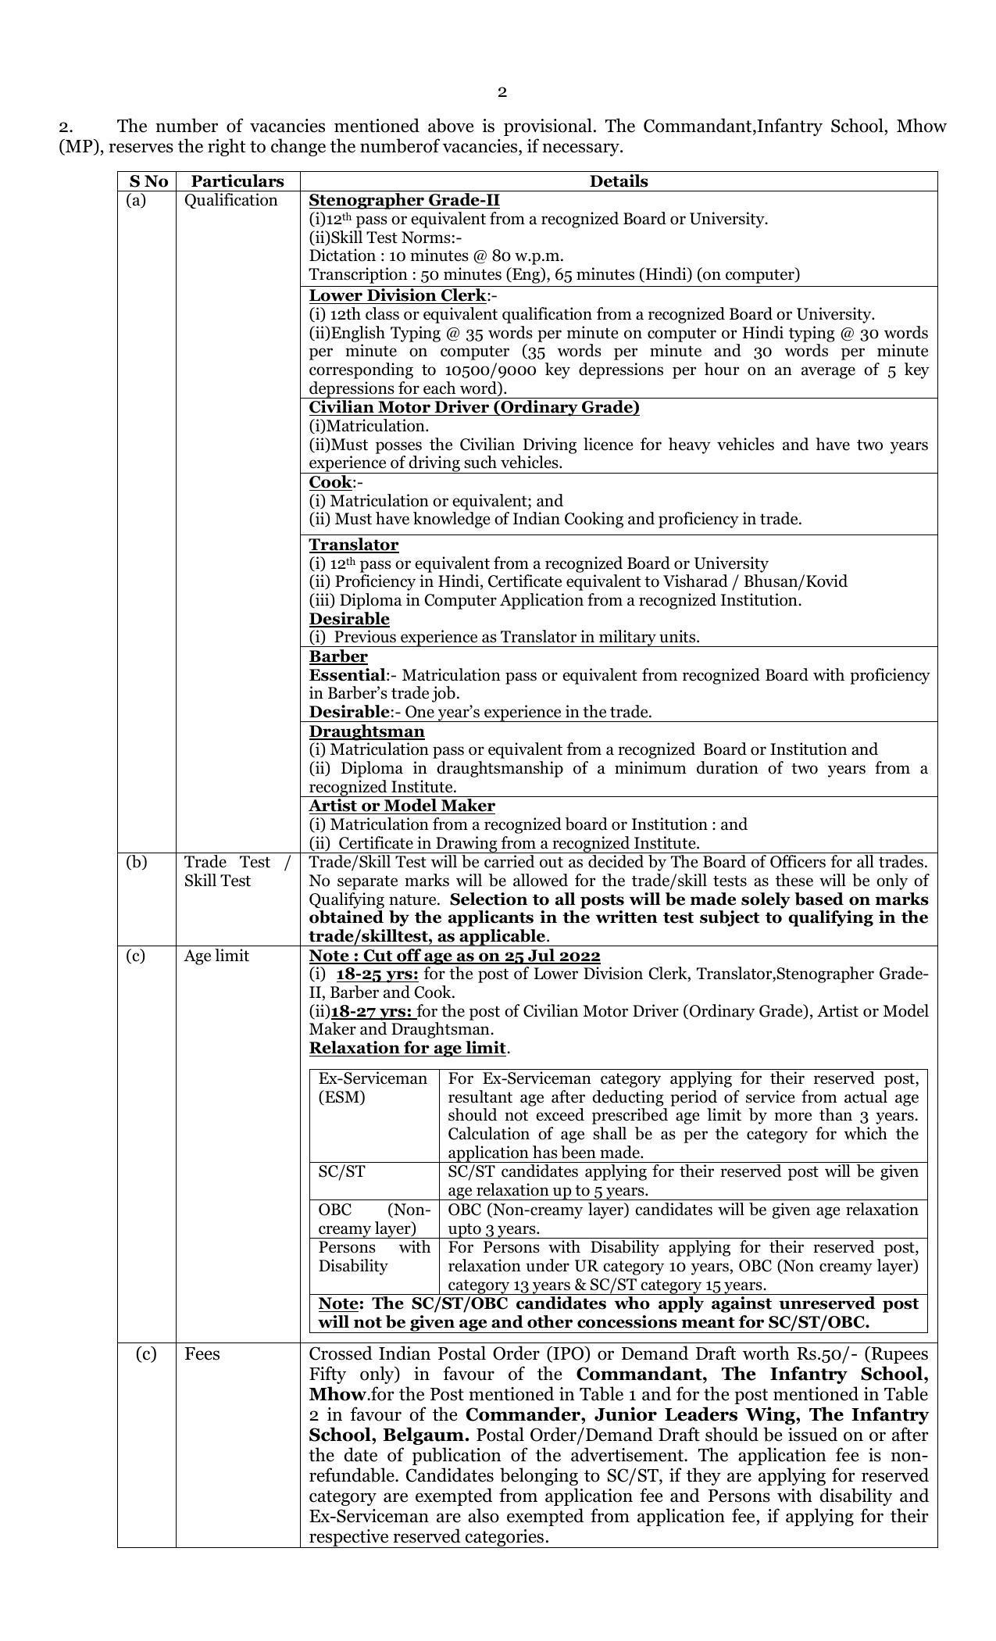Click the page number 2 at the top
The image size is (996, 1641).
tap(502, 92)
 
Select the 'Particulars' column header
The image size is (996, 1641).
tap(237, 181)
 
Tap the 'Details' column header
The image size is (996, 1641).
tap(618, 181)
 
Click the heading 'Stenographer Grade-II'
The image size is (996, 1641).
tap(404, 200)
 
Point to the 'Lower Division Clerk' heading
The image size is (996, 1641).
tap(398, 295)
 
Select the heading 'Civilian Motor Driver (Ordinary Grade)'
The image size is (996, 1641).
tap(474, 407)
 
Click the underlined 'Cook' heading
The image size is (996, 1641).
tap(330, 481)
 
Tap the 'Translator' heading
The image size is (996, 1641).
tap(354, 545)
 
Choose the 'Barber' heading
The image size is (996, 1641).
tap(338, 656)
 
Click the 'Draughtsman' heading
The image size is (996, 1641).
tap(366, 731)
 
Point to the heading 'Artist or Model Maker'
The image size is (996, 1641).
tap(402, 806)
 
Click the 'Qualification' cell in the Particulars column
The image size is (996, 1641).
tap(231, 201)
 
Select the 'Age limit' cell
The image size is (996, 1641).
tap(216, 956)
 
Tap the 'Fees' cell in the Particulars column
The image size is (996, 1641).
tap(202, 1354)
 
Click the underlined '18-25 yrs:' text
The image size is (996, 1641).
tap(377, 974)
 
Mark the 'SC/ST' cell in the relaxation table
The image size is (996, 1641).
tap(342, 1172)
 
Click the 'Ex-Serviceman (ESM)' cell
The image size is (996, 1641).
tap(373, 1088)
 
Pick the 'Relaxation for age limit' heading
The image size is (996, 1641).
tap(408, 1048)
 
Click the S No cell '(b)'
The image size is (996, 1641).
tap(136, 863)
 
